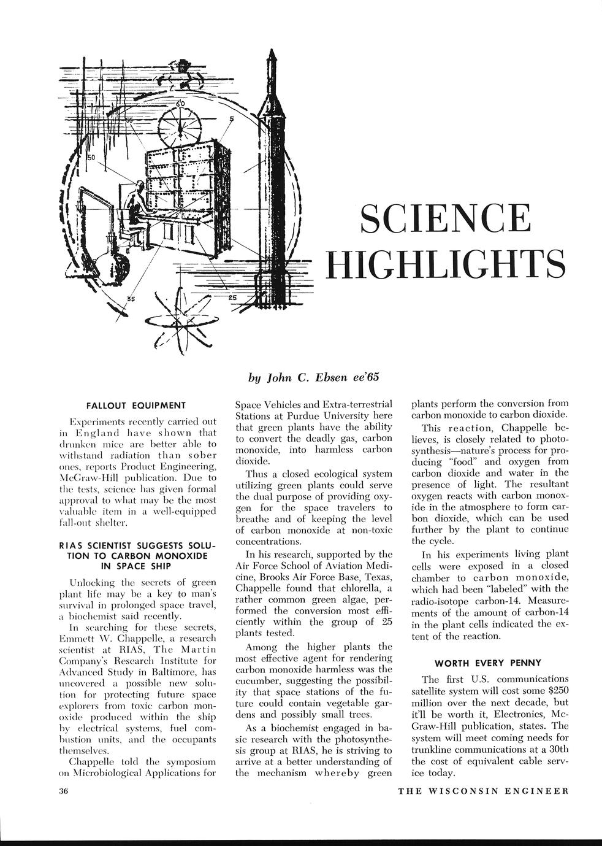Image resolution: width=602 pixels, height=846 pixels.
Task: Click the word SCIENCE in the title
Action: point(445,218)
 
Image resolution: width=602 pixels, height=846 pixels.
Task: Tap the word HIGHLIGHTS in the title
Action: point(445,263)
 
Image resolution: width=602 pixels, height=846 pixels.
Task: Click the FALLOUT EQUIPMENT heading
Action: point(136,405)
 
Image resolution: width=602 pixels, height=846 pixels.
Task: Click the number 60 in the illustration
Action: point(180,104)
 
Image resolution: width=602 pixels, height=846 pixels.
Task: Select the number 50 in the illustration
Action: point(92,158)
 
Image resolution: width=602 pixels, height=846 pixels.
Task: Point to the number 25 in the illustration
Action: point(232,298)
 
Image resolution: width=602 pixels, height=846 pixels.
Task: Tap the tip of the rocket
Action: point(271,44)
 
